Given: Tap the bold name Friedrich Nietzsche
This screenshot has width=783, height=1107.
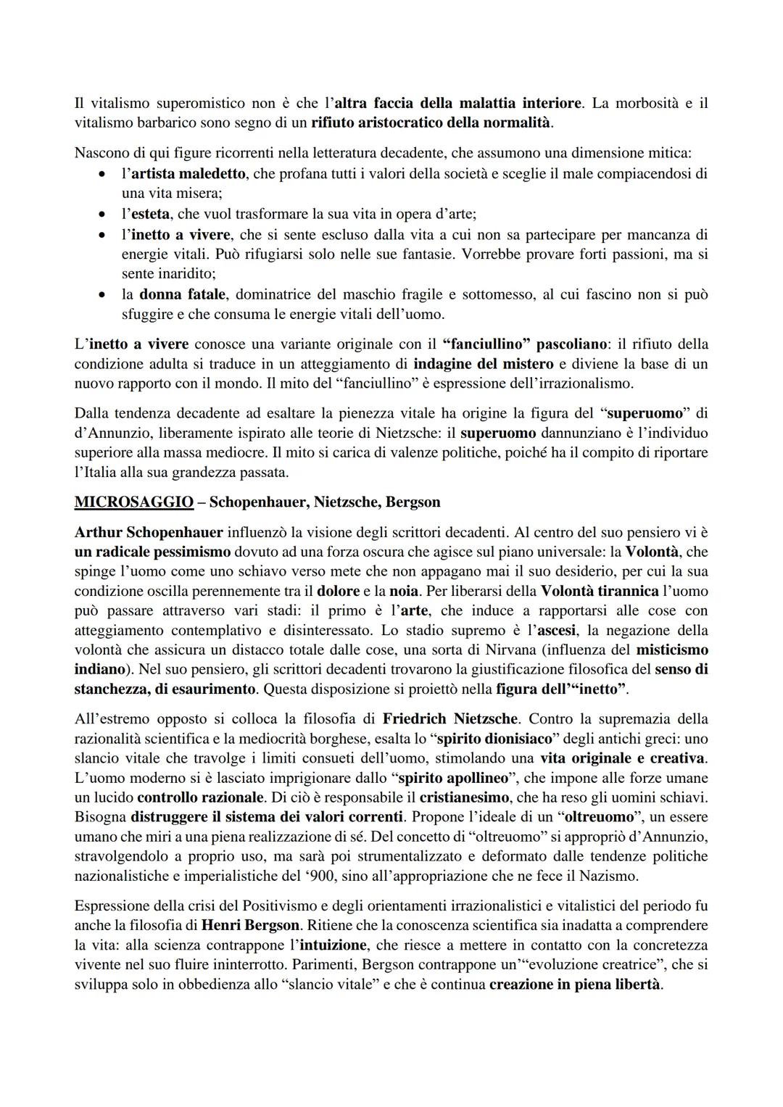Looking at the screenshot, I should [449, 718].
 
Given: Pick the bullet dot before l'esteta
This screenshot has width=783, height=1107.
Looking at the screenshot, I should [104, 215].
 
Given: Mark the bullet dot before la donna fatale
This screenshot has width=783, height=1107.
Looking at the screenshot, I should [104, 295].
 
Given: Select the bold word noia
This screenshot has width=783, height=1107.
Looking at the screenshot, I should [404, 591].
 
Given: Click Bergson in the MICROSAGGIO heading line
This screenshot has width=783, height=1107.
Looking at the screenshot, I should [413, 502].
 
